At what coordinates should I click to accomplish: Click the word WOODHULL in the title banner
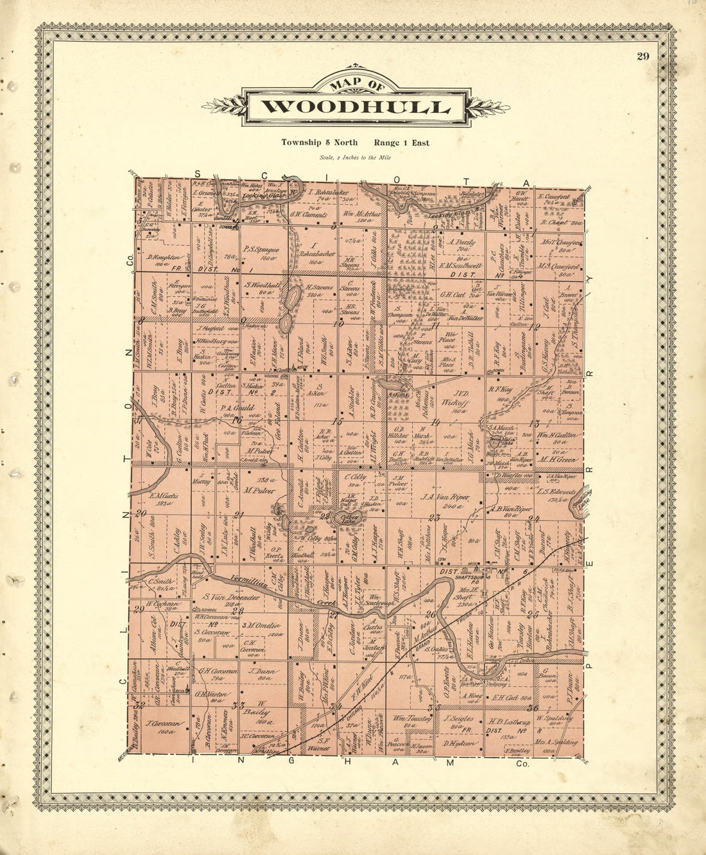pyautogui.click(x=356, y=107)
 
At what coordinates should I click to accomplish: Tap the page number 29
pyautogui.click(x=642, y=56)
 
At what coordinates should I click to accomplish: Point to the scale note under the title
pyautogui.click(x=354, y=157)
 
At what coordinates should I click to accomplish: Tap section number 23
pyautogui.click(x=435, y=517)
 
